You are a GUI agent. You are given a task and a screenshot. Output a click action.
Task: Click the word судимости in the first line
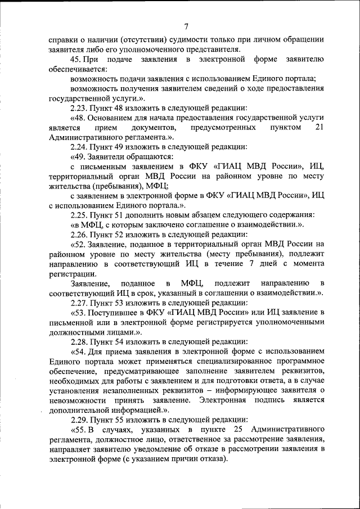[x=179, y=39]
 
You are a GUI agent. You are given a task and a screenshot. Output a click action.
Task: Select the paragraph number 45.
[x=76, y=60]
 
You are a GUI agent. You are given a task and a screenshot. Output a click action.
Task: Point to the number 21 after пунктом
[x=319, y=128]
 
